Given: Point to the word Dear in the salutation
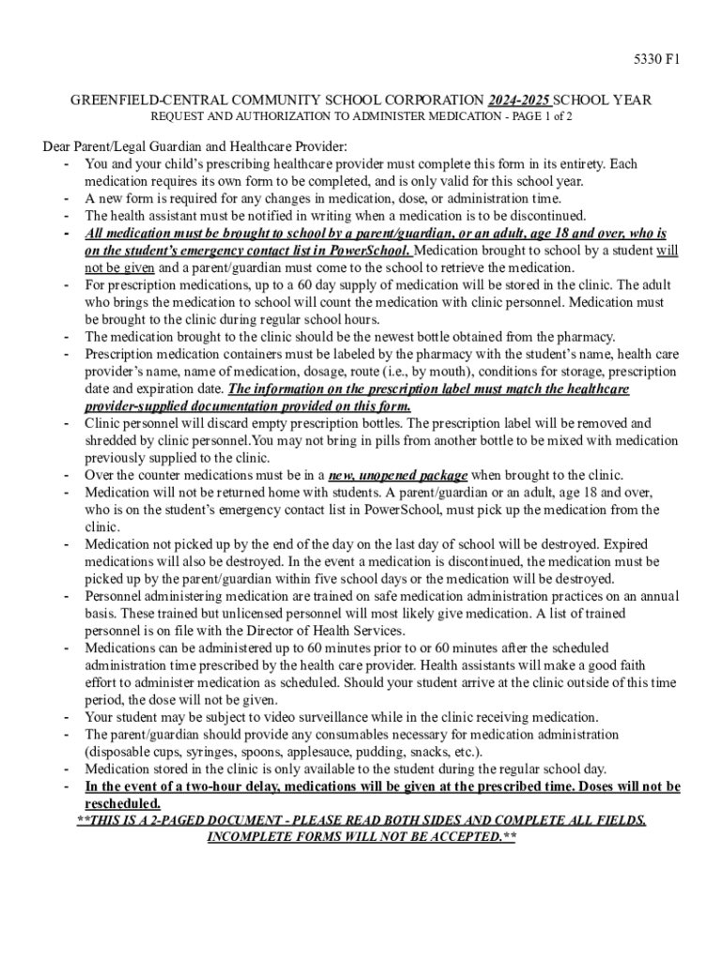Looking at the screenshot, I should tap(58, 146).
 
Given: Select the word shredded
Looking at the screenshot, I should tap(114, 440).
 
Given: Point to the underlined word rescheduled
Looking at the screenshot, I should tap(122, 803).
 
